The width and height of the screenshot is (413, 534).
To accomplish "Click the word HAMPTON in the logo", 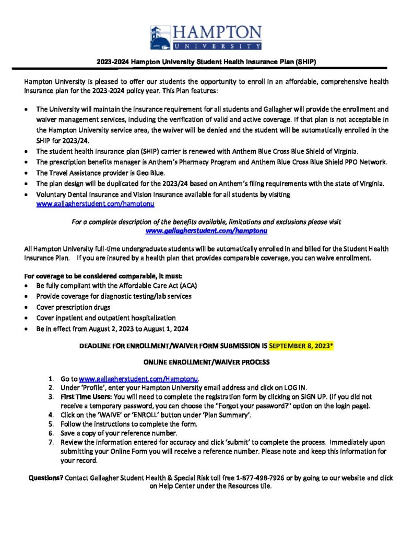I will coord(217,32).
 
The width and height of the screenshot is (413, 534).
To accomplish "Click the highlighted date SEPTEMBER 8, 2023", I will coord(302,345).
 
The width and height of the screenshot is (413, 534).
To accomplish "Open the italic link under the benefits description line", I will coord(206,230).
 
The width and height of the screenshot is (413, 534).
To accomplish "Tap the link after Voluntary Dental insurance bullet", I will coord(95,204).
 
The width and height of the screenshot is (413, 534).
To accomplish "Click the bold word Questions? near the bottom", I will coord(46,478).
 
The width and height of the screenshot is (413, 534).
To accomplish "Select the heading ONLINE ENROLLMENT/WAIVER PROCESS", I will coord(206,362).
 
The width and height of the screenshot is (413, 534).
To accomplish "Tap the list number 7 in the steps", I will coord(51,443).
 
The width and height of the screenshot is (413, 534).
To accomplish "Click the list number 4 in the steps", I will coord(51,415).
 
